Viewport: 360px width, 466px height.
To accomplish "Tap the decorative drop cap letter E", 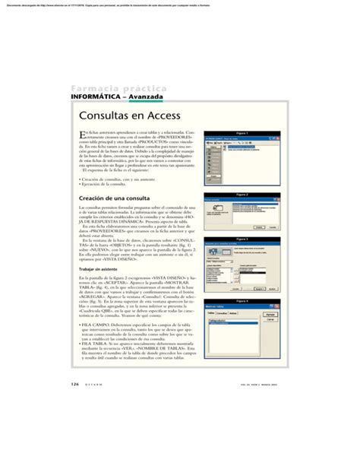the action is point(83,138).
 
